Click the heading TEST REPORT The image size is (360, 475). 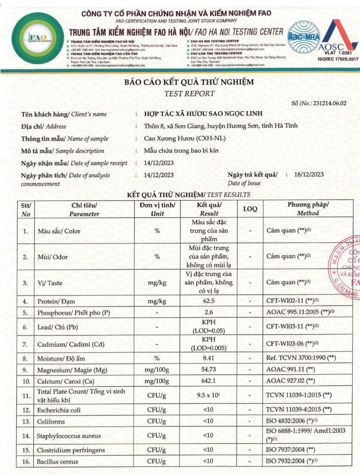[189, 93]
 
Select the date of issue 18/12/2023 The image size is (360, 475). [309, 174]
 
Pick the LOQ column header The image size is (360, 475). [250, 209]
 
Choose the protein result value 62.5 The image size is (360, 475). [209, 301]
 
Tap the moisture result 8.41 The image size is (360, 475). [208, 358]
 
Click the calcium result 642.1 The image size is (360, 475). [208, 381]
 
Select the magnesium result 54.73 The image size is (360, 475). [208, 370]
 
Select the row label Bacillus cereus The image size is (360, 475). [58, 462]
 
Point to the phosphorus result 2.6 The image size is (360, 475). [209, 313]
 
